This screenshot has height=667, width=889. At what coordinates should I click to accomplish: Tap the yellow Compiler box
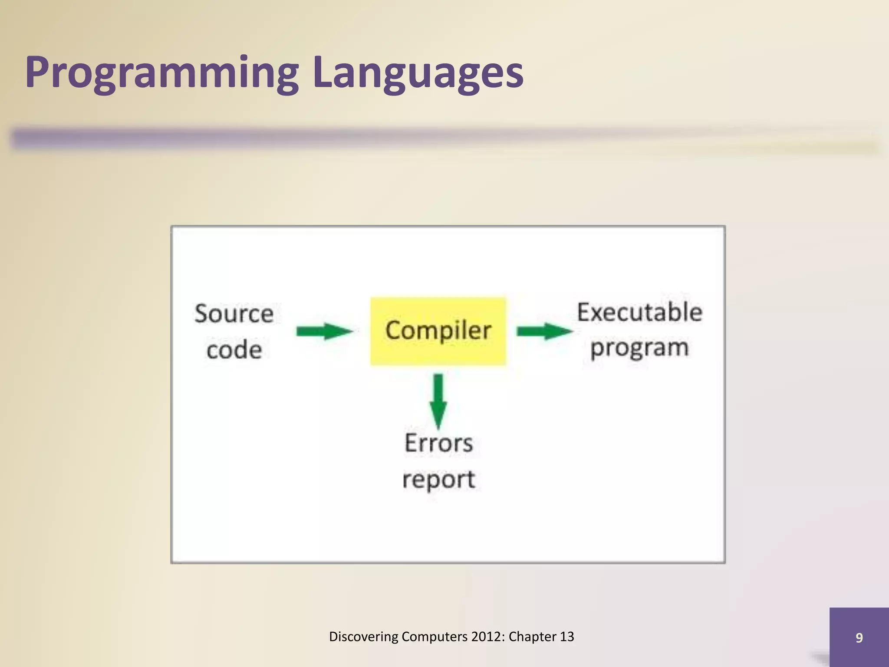[438, 331]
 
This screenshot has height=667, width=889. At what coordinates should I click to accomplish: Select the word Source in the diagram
[234, 314]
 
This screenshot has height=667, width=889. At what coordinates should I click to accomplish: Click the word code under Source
[234, 350]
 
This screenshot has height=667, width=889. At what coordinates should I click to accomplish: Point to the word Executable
[639, 312]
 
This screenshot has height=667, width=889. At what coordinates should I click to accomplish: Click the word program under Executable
[639, 348]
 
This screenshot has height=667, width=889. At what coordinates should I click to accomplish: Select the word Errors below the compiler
[438, 443]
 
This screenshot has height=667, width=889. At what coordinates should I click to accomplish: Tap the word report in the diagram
[438, 479]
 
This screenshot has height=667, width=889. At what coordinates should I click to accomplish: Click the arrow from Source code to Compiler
[324, 332]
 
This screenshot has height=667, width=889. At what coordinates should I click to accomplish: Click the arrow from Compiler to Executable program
[544, 332]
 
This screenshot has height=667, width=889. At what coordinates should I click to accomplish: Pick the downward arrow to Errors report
[438, 400]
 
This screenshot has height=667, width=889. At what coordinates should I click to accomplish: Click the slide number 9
[859, 637]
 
